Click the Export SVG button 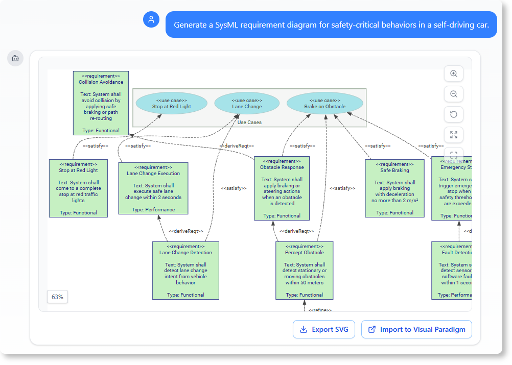point(324,329)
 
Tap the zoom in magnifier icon point(453,74)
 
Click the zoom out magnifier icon point(453,94)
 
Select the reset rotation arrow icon point(453,114)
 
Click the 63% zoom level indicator point(57,297)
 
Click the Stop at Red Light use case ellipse point(172,104)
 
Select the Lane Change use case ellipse point(247,104)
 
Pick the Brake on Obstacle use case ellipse point(325,104)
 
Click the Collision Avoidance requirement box point(101,103)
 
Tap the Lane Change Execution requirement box point(153,188)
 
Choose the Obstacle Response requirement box point(282,188)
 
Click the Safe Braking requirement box point(394,188)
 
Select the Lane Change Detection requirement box point(185,270)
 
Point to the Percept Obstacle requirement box point(304,270)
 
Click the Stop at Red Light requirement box point(78,188)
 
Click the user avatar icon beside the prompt point(151,20)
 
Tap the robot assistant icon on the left point(15,58)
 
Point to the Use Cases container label point(249,123)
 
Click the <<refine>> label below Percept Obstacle point(320,309)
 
